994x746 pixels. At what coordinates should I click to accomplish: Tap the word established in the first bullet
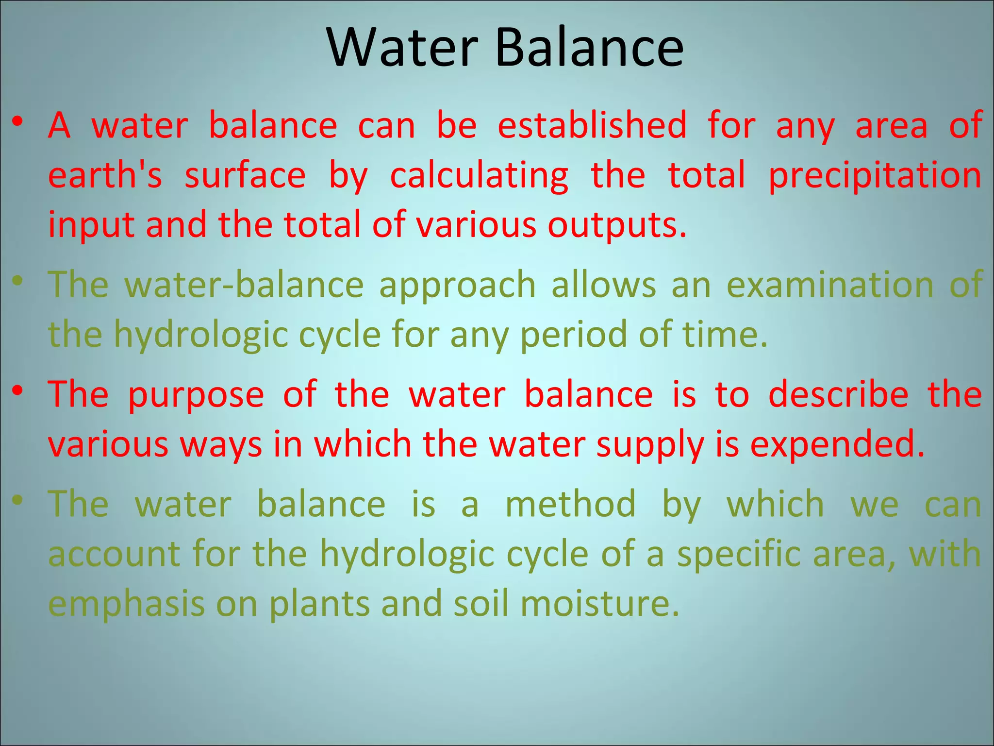pyautogui.click(x=592, y=125)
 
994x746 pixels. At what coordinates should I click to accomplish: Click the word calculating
pyautogui.click(x=479, y=176)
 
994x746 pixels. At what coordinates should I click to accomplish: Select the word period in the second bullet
pyautogui.click(x=573, y=335)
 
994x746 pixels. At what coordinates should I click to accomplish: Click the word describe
pyautogui.click(x=838, y=394)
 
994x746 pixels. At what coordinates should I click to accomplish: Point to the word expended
pyautogui.click(x=837, y=444)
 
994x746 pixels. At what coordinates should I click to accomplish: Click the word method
pyautogui.click(x=570, y=504)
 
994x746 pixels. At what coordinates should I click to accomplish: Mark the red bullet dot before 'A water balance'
pyautogui.click(x=18, y=121)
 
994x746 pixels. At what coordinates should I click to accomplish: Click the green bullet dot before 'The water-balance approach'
pyautogui.click(x=18, y=281)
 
